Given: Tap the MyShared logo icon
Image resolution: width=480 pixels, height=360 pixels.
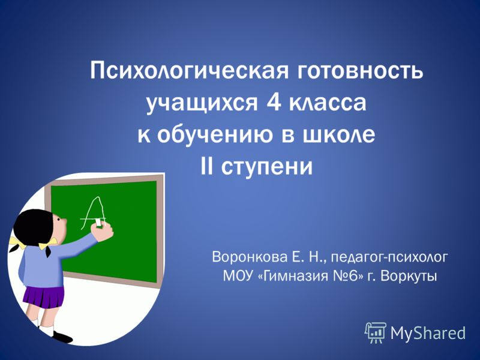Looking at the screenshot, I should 376,332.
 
